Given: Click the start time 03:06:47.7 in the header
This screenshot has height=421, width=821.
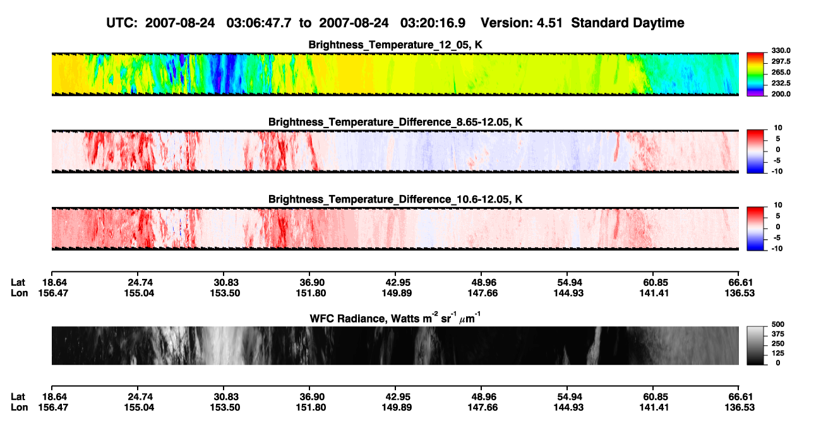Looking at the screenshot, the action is pyautogui.click(x=259, y=23).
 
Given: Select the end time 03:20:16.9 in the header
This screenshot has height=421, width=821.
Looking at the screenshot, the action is pyautogui.click(x=433, y=23).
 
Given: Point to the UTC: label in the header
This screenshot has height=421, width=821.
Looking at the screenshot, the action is pyautogui.click(x=122, y=23).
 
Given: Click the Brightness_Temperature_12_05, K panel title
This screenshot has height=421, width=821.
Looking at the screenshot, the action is pyautogui.click(x=395, y=45).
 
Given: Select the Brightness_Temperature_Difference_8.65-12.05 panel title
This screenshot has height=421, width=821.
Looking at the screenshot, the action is pyautogui.click(x=395, y=122).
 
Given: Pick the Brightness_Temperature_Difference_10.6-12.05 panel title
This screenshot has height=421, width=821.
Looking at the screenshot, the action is pyautogui.click(x=395, y=199).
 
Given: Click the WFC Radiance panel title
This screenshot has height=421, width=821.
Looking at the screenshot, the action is pyautogui.click(x=395, y=318).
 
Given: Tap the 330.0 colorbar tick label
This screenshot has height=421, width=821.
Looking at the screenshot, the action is pyautogui.click(x=781, y=50).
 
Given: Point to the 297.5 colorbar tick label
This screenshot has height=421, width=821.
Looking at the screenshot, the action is pyautogui.click(x=781, y=62).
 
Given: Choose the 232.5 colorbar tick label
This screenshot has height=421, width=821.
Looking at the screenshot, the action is pyautogui.click(x=781, y=83).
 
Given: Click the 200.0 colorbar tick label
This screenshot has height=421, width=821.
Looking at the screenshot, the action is pyautogui.click(x=781, y=94).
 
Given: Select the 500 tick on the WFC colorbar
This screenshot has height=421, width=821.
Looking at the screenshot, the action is pyautogui.click(x=778, y=324).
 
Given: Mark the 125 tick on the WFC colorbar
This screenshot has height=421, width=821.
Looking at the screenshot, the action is pyautogui.click(x=778, y=353).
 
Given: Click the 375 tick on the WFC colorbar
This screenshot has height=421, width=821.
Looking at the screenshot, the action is pyautogui.click(x=778, y=334).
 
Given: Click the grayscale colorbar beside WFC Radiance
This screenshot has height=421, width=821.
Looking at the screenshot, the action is pyautogui.click(x=755, y=345).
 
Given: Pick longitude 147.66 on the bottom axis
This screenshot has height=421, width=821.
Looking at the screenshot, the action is pyautogui.click(x=482, y=408).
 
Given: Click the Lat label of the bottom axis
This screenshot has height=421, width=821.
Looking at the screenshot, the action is pyautogui.click(x=18, y=397).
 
